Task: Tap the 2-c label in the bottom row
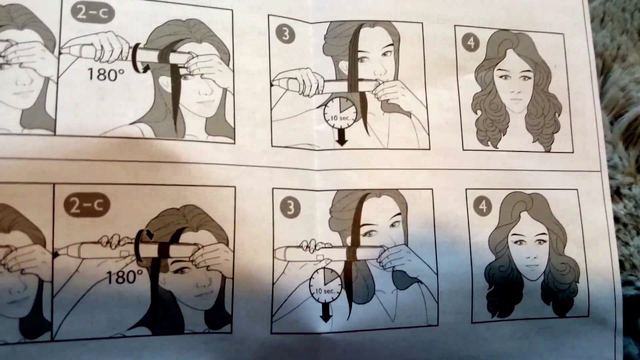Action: click(x=87, y=206)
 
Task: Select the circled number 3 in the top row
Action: click(x=285, y=35)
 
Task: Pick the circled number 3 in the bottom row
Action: click(x=290, y=207)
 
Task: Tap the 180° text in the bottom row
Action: click(x=124, y=277)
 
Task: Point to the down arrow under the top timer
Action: click(x=341, y=137)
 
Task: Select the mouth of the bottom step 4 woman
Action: click(x=530, y=266)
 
